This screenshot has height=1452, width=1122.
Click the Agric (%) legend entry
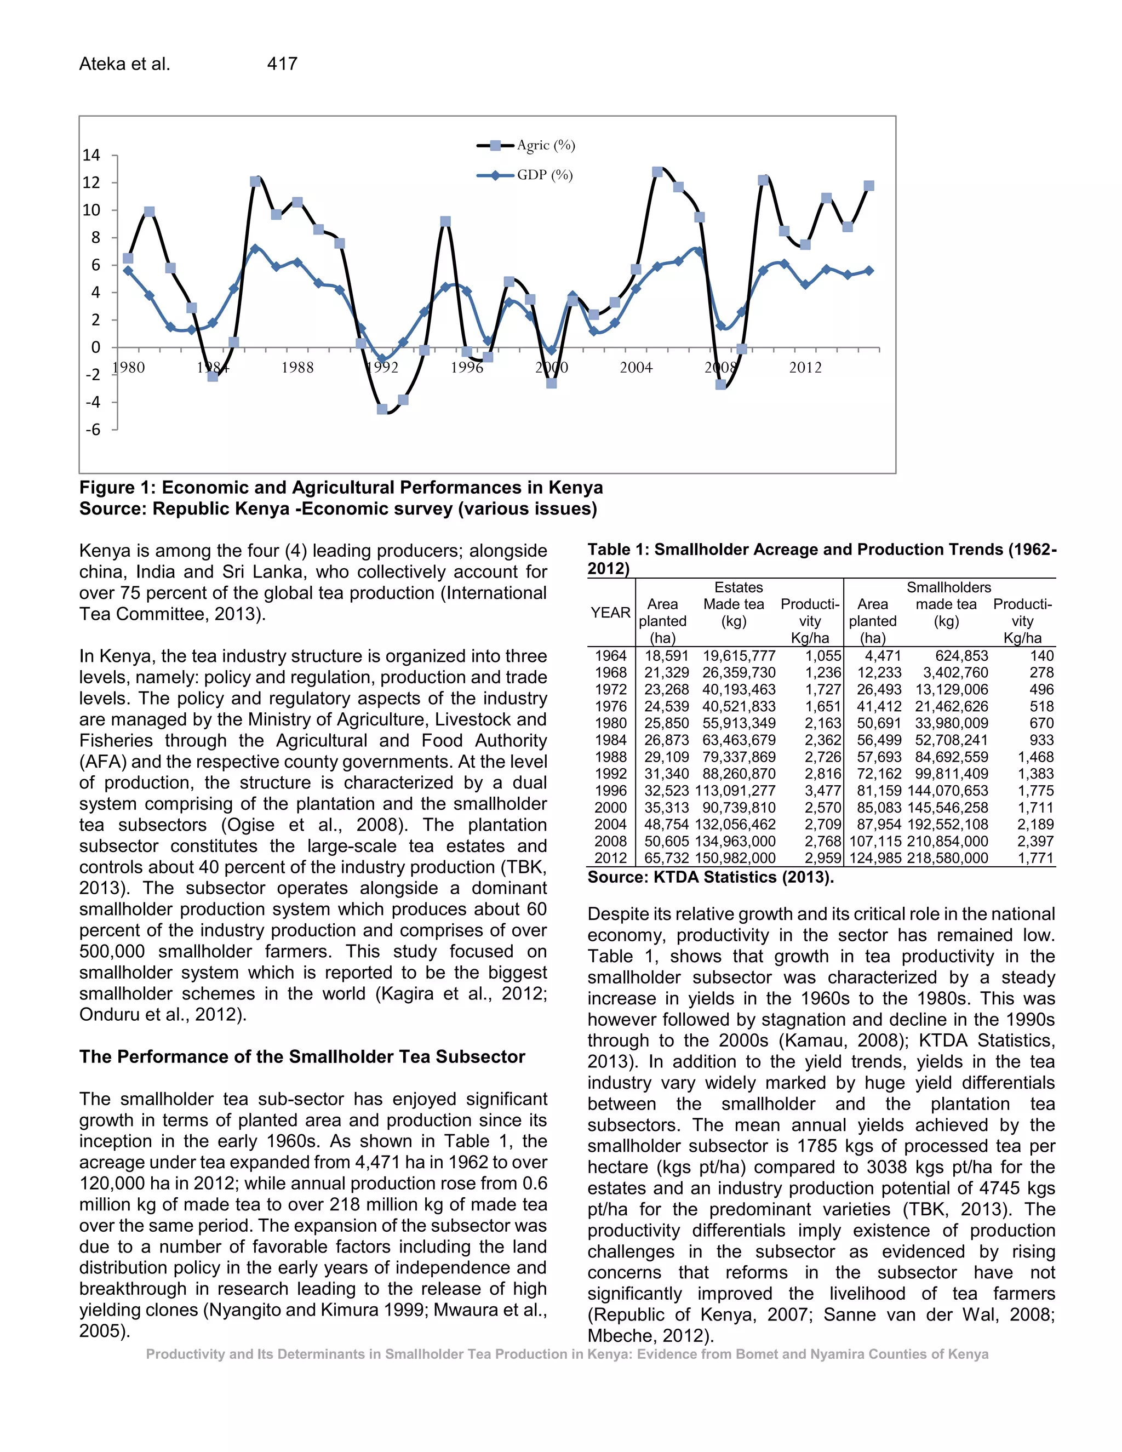coord(545,146)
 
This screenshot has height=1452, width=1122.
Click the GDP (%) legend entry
coord(543,175)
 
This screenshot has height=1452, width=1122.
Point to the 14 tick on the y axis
coord(91,156)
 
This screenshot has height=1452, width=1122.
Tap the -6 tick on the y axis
coord(93,430)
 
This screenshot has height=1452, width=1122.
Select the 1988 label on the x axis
coord(297,368)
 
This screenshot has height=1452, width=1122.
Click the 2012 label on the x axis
coord(805,368)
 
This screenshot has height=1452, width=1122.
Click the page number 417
coord(282,64)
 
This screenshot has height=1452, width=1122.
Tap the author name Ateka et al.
coord(125,64)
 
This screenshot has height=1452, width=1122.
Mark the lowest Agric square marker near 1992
coord(382,409)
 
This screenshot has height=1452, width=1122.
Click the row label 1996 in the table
coord(610,791)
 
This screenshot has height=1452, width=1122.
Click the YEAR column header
coord(610,613)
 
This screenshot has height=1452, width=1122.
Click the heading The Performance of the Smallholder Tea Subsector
coord(302,1057)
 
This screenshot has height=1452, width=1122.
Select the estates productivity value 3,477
coord(823,791)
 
